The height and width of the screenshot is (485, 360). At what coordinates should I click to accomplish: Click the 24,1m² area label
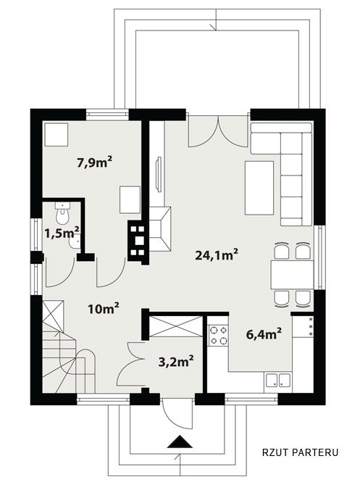217,255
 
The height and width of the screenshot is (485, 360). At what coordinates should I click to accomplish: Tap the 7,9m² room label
95,162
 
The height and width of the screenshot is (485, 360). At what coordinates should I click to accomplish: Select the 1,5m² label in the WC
62,233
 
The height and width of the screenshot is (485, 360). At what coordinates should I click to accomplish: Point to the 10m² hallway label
104,309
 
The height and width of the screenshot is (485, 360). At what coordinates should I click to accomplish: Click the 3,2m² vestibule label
176,361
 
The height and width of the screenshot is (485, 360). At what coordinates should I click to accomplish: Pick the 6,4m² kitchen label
264,334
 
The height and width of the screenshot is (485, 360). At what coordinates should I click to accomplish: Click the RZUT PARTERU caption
301,452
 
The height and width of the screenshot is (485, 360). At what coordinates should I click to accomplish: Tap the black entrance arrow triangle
180,442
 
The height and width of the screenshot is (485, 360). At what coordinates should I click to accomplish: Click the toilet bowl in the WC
63,213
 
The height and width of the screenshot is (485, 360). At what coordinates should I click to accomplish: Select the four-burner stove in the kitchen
218,336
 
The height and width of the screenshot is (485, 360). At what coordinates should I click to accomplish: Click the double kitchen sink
278,380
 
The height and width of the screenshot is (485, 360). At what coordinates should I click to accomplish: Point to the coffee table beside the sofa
259,188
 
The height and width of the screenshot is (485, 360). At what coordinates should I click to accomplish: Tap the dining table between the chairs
292,275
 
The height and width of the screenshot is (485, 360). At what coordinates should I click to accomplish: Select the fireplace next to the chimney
160,228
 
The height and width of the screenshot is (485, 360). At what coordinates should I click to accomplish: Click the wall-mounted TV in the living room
159,174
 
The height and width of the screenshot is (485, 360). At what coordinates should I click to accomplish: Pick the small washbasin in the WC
75,242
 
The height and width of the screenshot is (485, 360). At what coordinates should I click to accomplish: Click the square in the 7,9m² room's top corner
56,135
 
